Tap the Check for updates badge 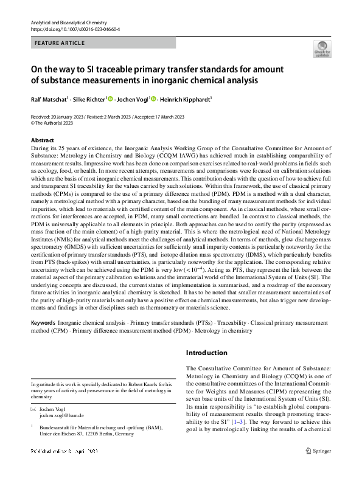tap(322, 49)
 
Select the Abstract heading tap(42, 140)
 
